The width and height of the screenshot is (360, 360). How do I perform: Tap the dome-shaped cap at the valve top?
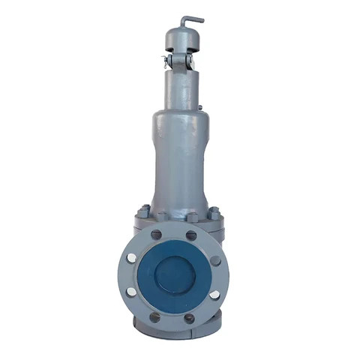[x=180, y=37]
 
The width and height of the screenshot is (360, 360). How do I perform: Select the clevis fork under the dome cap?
[x=179, y=61]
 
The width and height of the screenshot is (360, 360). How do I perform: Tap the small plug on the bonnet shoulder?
[x=201, y=109]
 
